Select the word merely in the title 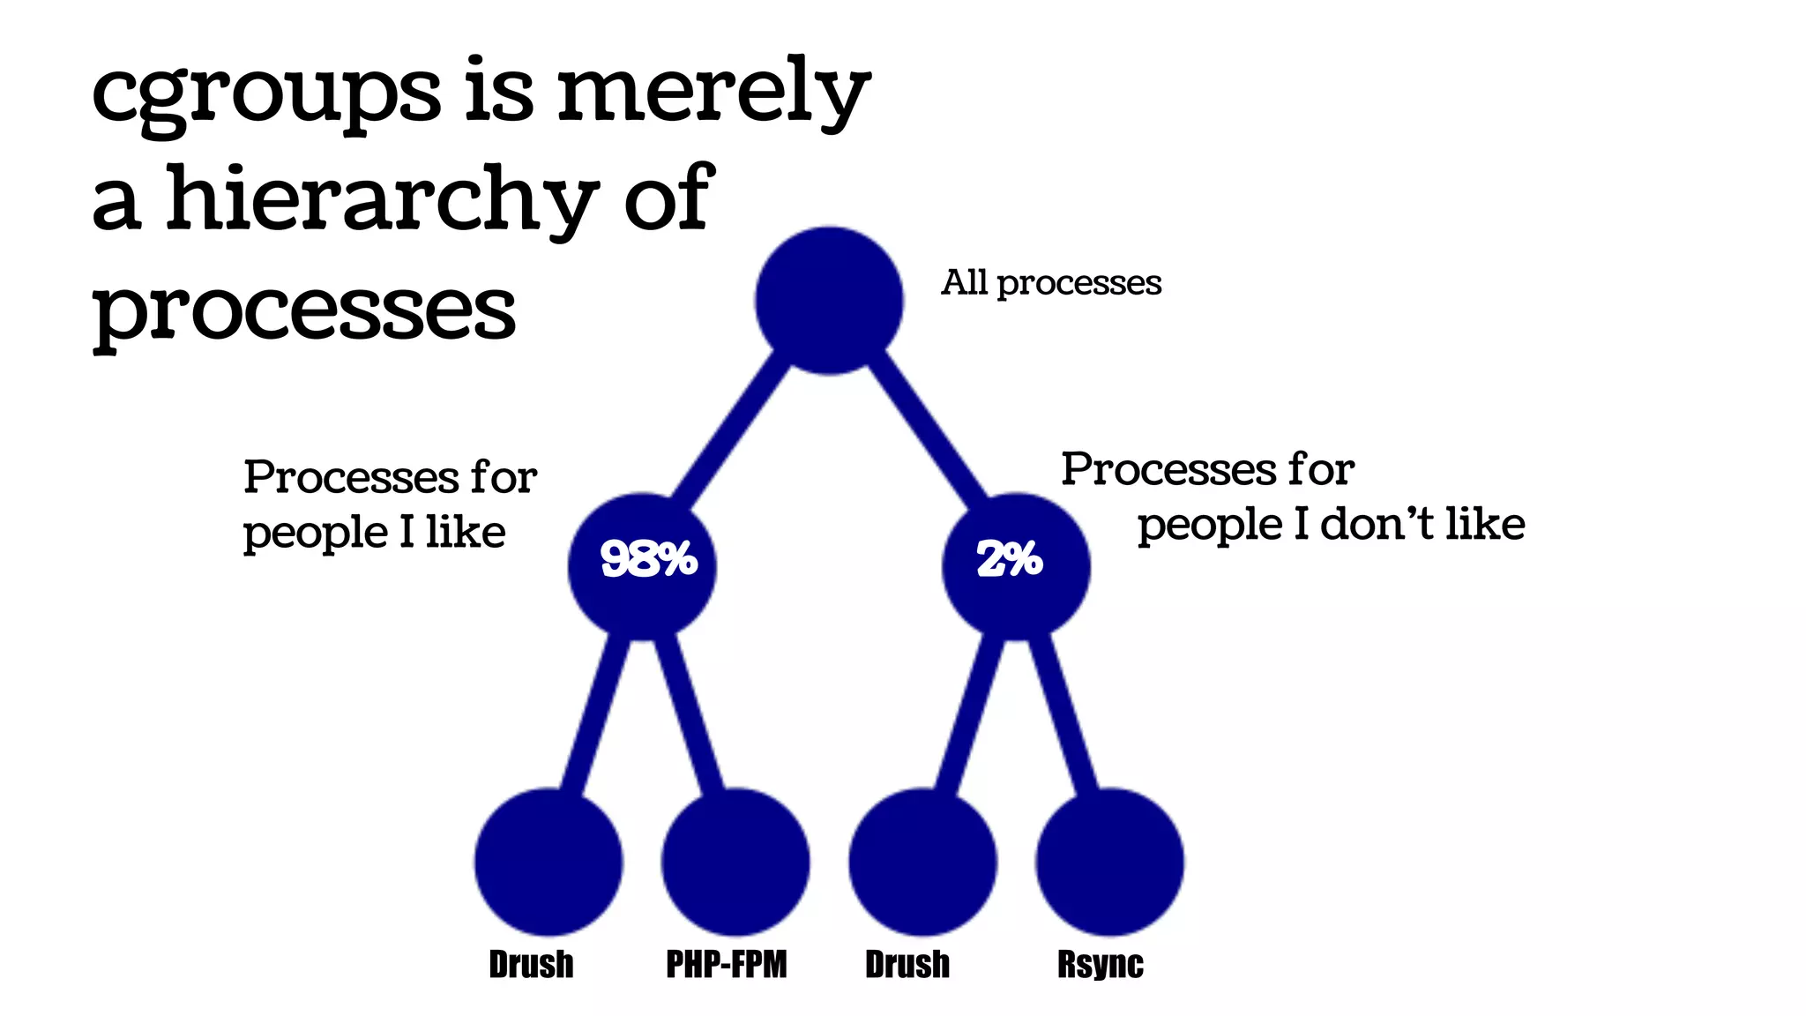[x=713, y=93]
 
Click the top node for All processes [x=829, y=301]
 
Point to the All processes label [x=1051, y=283]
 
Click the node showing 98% [x=643, y=566]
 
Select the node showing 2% [x=1016, y=566]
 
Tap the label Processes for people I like [x=389, y=504]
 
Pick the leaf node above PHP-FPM [x=735, y=862]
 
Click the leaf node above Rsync [x=1109, y=862]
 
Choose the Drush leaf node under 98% [x=549, y=862]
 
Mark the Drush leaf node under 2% [x=922, y=862]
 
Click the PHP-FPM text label [x=726, y=964]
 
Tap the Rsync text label [x=1100, y=964]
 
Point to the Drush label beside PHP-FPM [x=531, y=964]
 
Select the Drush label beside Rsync [x=907, y=964]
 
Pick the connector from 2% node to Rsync [x=1064, y=714]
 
